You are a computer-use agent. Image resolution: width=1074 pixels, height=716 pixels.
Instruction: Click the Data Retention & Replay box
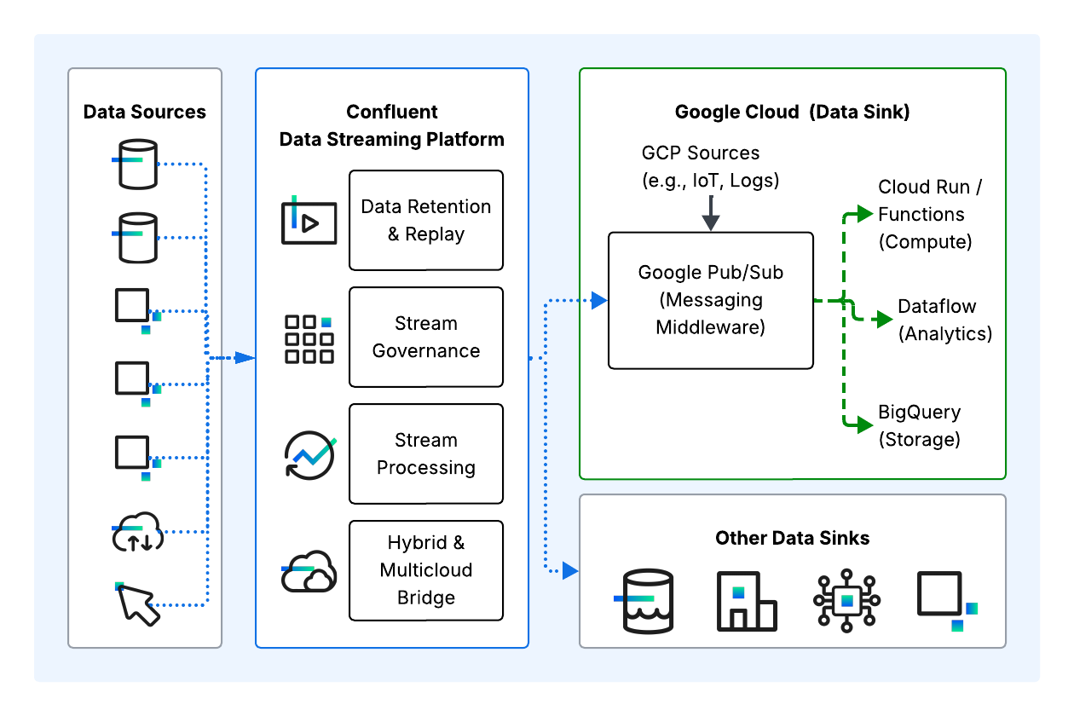coord(426,220)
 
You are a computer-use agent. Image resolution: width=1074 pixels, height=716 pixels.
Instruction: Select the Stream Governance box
coord(426,337)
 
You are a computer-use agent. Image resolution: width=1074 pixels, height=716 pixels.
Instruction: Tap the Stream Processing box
coord(426,453)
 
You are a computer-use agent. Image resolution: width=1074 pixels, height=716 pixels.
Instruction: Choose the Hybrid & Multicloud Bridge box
coord(426,570)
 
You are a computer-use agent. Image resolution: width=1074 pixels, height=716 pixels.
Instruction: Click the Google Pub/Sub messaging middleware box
coord(710,300)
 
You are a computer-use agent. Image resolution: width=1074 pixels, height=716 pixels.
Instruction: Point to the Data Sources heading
coord(145,112)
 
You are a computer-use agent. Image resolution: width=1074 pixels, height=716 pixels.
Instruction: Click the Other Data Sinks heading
coord(792,538)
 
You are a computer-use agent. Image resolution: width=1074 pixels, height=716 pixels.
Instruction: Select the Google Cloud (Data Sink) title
coord(792,112)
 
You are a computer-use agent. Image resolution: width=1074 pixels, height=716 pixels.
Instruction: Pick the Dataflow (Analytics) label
coord(944,320)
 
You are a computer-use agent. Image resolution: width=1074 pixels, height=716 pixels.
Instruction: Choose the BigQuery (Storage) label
coord(919,425)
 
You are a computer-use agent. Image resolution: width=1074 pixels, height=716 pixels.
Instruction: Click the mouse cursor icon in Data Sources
coord(137,603)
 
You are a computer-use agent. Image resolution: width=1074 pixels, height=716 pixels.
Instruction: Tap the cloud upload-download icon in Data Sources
coord(138,533)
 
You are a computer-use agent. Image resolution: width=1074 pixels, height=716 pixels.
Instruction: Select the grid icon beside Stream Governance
coord(309,339)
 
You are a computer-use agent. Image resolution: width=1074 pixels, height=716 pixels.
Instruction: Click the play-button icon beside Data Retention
coord(309,222)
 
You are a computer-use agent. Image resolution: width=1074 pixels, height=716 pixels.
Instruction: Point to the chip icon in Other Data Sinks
coord(846,600)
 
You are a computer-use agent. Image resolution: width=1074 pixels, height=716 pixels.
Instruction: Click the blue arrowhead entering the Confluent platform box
coord(245,357)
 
